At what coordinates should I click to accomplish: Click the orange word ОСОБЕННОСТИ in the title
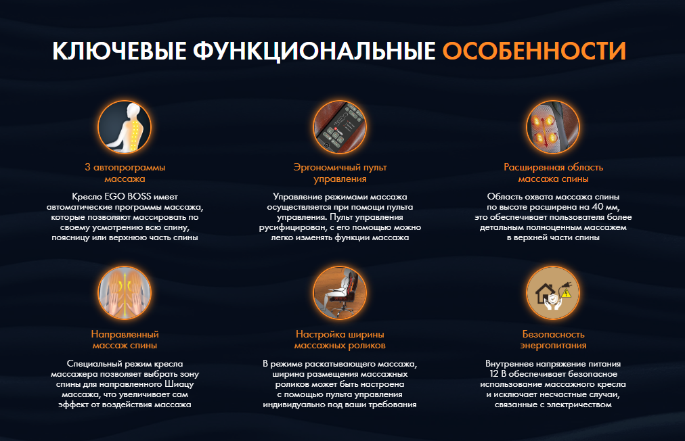coord(534,51)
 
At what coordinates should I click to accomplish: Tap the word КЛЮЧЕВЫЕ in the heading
coord(119,51)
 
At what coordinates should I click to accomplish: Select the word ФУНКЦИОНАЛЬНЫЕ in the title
coord(315,51)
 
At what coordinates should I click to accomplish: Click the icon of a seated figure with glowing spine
coord(125,127)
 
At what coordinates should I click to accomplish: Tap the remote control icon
coord(340,127)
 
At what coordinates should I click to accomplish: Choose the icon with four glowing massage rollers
coord(553,127)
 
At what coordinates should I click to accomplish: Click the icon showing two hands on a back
coord(125,293)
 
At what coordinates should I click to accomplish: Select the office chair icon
coord(340,293)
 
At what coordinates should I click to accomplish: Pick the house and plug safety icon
coord(553,293)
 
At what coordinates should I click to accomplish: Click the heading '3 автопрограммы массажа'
coord(125,173)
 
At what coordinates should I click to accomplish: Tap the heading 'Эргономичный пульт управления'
coord(340,173)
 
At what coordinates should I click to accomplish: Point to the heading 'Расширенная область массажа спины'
coord(553,173)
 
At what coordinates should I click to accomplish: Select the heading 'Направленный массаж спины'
coord(125,340)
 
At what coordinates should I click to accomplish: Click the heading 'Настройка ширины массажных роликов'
coord(340,340)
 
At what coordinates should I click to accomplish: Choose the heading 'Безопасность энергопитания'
coord(553,340)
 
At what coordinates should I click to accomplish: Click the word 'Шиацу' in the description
coord(179,384)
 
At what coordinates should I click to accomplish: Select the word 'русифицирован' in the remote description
coord(292,227)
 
